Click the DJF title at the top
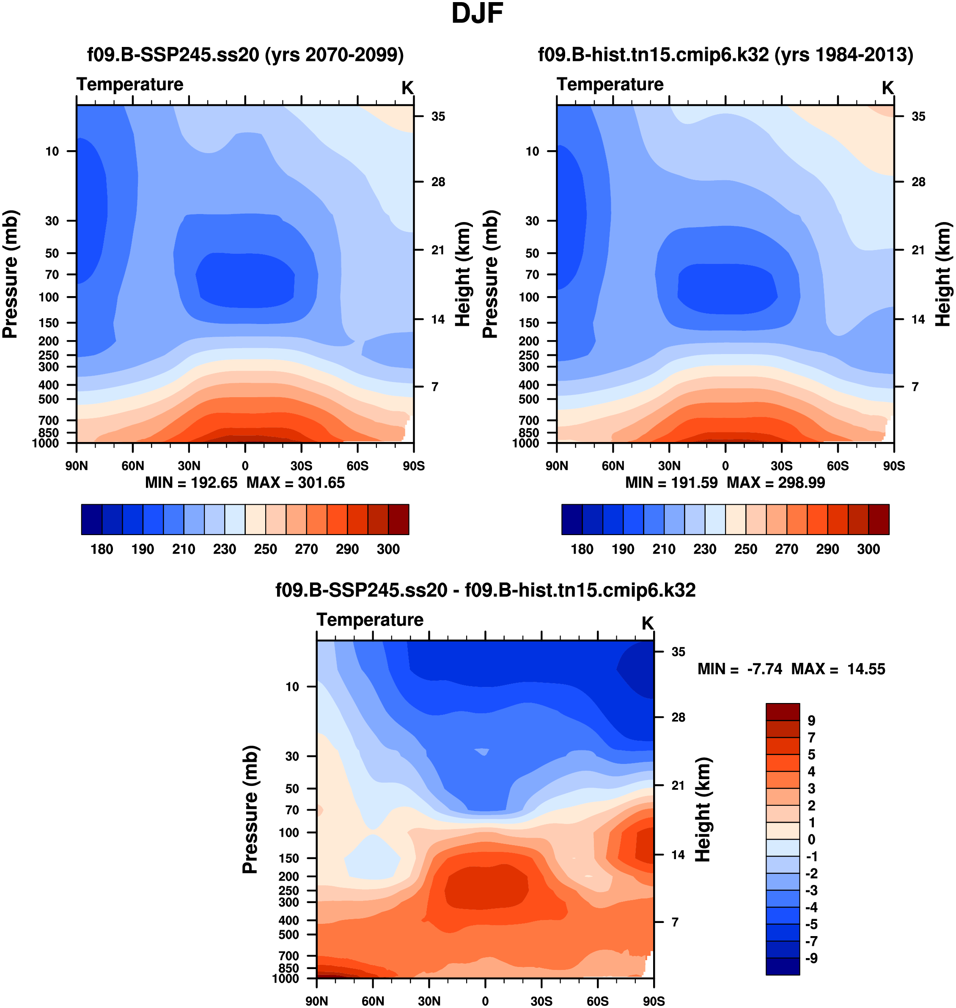477,14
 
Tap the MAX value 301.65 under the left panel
321,483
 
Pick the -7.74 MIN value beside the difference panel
764,669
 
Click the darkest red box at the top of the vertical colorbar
782,711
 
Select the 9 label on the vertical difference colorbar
811,721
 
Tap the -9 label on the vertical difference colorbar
811,958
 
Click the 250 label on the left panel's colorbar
266,549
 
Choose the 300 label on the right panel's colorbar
868,549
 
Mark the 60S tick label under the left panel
357,466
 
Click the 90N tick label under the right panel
557,466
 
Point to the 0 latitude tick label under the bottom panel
485,1001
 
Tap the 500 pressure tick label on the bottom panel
288,935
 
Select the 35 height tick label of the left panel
438,117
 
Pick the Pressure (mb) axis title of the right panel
490,274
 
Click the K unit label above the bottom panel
647,623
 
